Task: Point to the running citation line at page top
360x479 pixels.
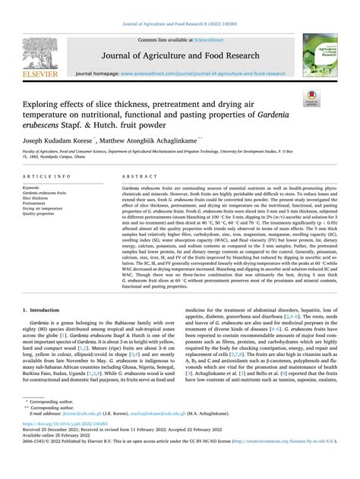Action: point(179,25)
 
